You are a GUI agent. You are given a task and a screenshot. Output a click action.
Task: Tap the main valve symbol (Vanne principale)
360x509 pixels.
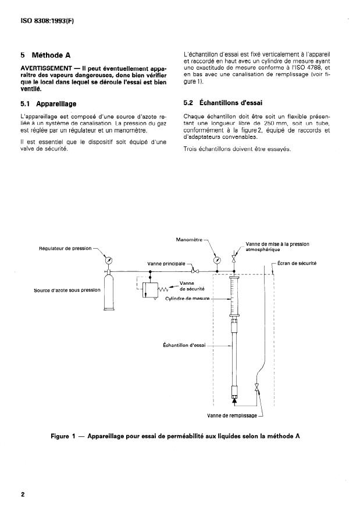[x=195, y=271]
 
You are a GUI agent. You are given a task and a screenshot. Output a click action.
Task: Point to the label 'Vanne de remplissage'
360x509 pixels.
[x=232, y=416]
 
